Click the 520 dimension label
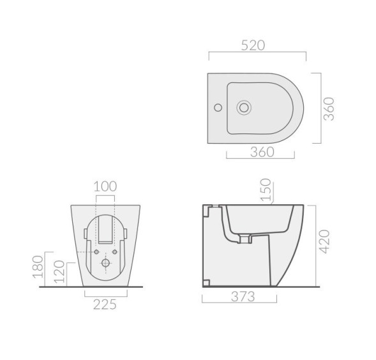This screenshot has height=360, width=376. point(253,45)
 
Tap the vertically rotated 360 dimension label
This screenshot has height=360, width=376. point(329,109)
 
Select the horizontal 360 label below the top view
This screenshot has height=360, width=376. point(262,152)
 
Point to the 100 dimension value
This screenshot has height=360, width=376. point(105,186)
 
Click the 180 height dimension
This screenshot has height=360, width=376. point(38,267)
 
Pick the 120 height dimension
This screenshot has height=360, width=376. point(59,271)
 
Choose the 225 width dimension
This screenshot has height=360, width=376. point(105,304)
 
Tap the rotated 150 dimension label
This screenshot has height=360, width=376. point(266,190)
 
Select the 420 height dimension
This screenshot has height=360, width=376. point(325,241)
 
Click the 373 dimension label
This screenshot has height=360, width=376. point(243,297)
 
